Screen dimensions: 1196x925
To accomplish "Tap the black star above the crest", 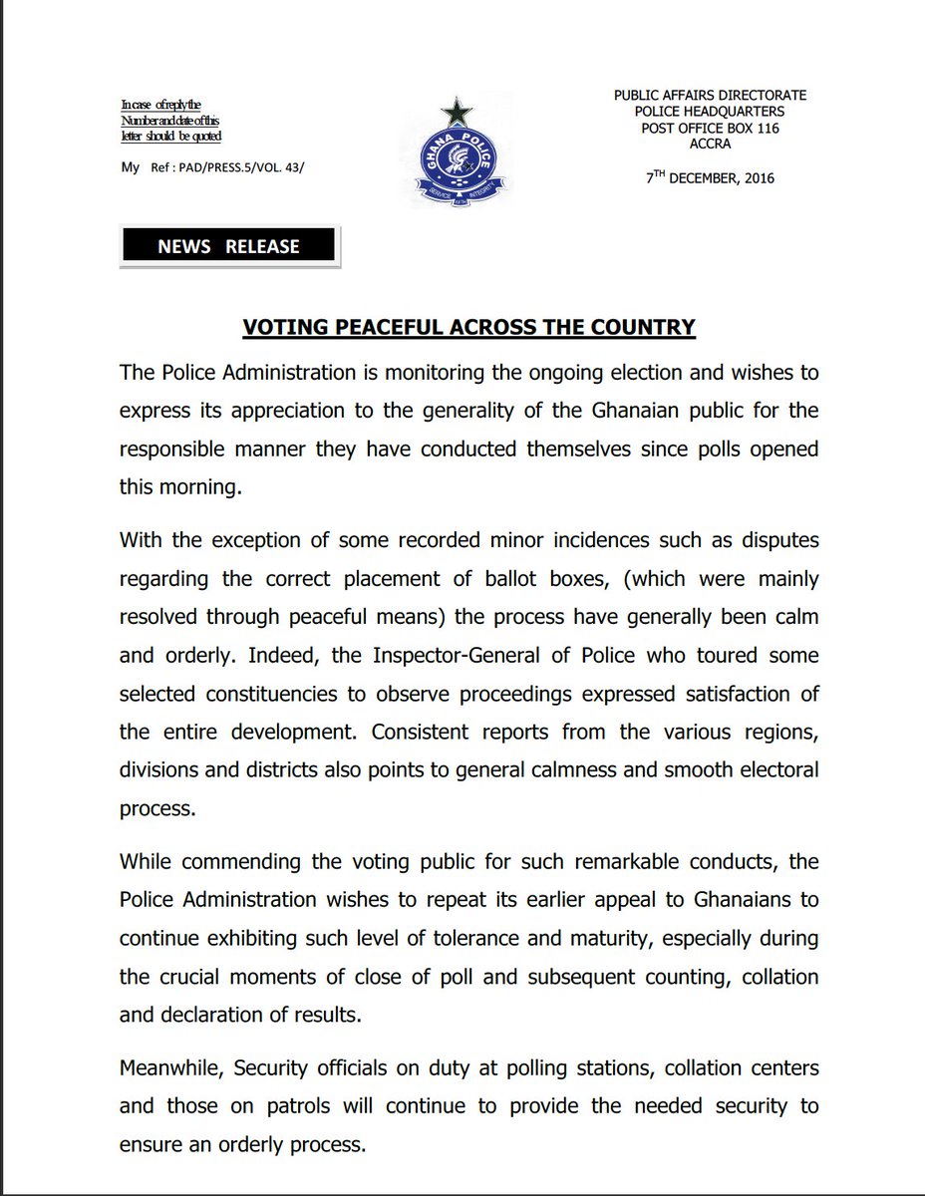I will pyautogui.click(x=460, y=109).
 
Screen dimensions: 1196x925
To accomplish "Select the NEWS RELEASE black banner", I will pyautogui.click(x=228, y=246).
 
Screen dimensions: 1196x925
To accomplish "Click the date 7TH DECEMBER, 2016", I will pyautogui.click(x=710, y=178).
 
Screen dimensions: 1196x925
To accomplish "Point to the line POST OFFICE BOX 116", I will pyautogui.click(x=711, y=129).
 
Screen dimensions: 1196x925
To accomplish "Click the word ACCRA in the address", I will pyautogui.click(x=710, y=144).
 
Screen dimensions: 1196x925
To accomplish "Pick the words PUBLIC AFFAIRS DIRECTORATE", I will pyautogui.click(x=711, y=95).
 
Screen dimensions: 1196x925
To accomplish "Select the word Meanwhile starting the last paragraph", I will pyautogui.click(x=171, y=1068).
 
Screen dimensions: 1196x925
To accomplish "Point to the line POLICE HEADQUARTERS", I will pyautogui.click(x=711, y=112).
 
